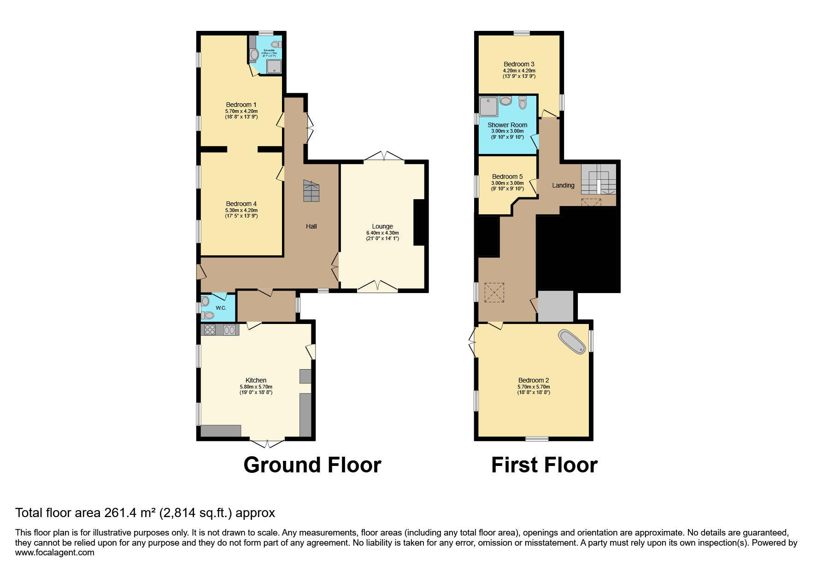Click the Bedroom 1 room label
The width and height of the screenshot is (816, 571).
241,105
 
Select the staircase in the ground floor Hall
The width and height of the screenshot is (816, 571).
311,191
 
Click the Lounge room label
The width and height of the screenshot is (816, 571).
382,226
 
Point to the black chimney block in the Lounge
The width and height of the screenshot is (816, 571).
420,222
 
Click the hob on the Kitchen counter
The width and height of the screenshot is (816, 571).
210,330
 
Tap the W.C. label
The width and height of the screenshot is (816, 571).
221,308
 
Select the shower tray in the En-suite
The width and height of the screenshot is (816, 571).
275,66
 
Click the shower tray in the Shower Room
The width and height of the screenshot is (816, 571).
488,106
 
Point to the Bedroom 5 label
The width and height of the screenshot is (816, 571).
507,177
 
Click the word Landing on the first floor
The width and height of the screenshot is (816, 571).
563,185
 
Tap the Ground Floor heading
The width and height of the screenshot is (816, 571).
312,465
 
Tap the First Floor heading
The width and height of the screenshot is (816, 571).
544,465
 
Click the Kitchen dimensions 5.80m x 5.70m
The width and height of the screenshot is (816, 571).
256,387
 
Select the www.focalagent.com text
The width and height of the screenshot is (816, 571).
54,553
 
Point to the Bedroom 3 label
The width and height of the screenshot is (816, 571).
519,64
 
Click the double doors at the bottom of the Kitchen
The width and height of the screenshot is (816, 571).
267,443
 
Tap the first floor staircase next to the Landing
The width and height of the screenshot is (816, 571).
598,180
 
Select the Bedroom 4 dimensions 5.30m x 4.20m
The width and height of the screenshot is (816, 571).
241,210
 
